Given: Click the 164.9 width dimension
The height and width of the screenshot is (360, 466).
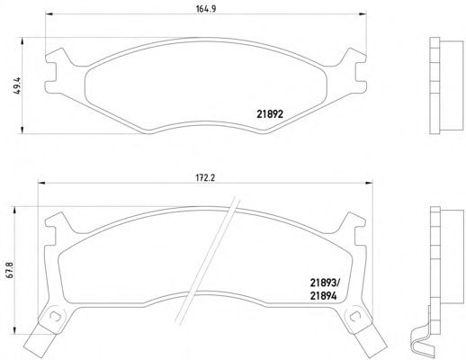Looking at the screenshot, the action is point(206,9).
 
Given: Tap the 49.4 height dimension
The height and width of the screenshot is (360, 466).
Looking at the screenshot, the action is point(17,85).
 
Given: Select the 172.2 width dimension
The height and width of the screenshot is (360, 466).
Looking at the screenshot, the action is point(206,177).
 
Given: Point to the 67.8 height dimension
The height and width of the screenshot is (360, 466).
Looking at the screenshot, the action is point(10,270).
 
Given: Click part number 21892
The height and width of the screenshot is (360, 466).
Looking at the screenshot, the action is point(270,114).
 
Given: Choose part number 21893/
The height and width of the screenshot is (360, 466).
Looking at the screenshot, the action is point(325,283).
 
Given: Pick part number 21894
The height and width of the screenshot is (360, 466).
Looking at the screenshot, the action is point(323,296).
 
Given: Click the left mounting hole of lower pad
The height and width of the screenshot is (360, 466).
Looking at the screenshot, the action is point(55,316).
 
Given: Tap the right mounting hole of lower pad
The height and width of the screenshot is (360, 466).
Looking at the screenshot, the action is point(355,316).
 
